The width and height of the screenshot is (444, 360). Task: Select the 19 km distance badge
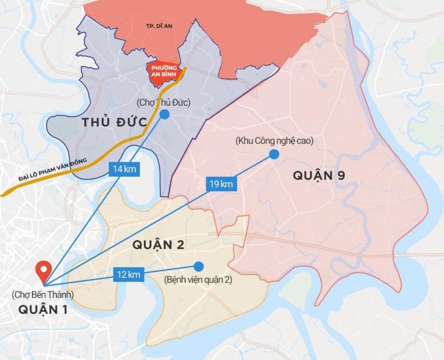[220, 184]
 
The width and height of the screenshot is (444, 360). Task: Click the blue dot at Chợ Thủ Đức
[165, 114]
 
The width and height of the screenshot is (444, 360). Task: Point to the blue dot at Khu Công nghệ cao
[273, 154]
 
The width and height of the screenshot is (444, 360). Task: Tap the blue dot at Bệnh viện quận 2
[199, 266]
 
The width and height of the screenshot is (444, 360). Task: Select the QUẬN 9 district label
[319, 175]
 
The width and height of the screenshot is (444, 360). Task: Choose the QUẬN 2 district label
[158, 245]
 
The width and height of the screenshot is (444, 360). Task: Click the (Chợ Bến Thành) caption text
[43, 295]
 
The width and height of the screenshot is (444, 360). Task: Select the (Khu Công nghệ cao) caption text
[273, 141]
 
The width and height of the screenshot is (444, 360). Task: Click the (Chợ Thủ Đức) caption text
[164, 103]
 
